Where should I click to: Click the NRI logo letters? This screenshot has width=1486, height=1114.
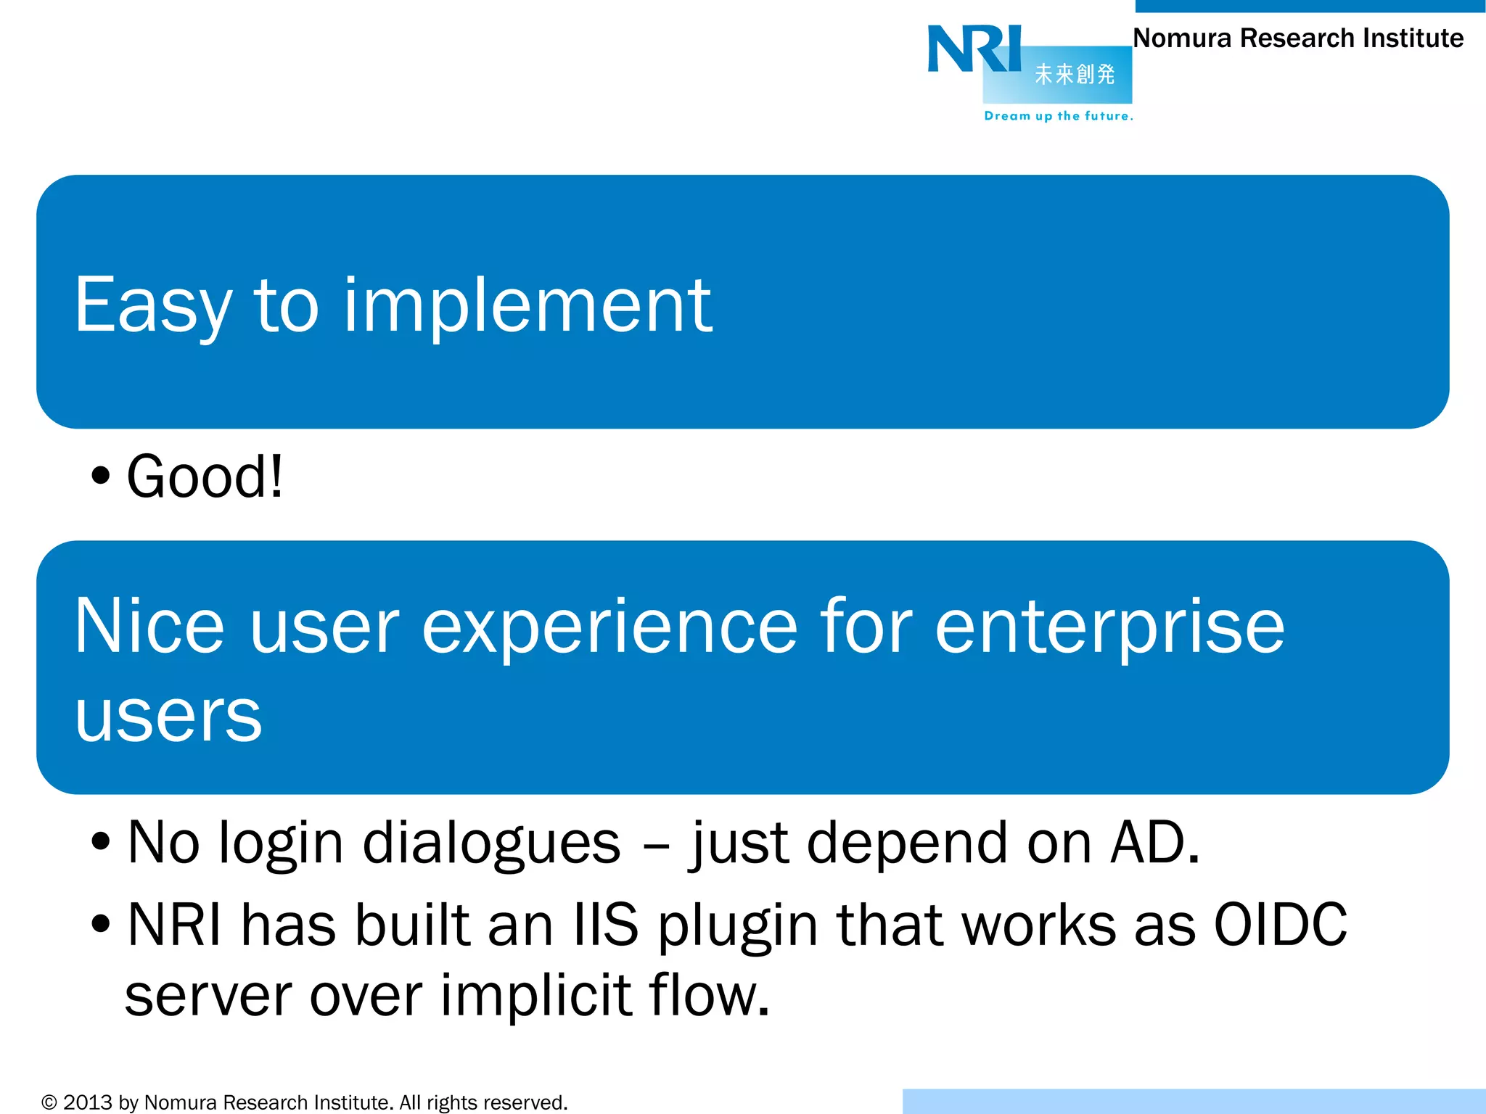click(x=974, y=49)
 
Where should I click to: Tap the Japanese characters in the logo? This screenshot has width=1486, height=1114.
click(x=1074, y=74)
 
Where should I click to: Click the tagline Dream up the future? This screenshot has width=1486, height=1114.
click(x=1058, y=116)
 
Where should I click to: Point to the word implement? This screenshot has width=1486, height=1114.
click(x=528, y=306)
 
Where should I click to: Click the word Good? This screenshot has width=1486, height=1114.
click(x=205, y=477)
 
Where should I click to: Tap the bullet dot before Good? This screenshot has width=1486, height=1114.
click(x=101, y=476)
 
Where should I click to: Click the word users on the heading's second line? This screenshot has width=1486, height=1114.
click(x=168, y=717)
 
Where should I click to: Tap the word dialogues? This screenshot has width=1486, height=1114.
click(x=491, y=843)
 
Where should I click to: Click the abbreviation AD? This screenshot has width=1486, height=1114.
click(x=1154, y=843)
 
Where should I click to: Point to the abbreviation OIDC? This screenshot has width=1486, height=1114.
click(x=1281, y=925)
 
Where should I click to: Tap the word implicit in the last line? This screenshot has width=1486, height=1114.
click(x=536, y=995)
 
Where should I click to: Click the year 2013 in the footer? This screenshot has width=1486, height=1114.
click(x=87, y=1102)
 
